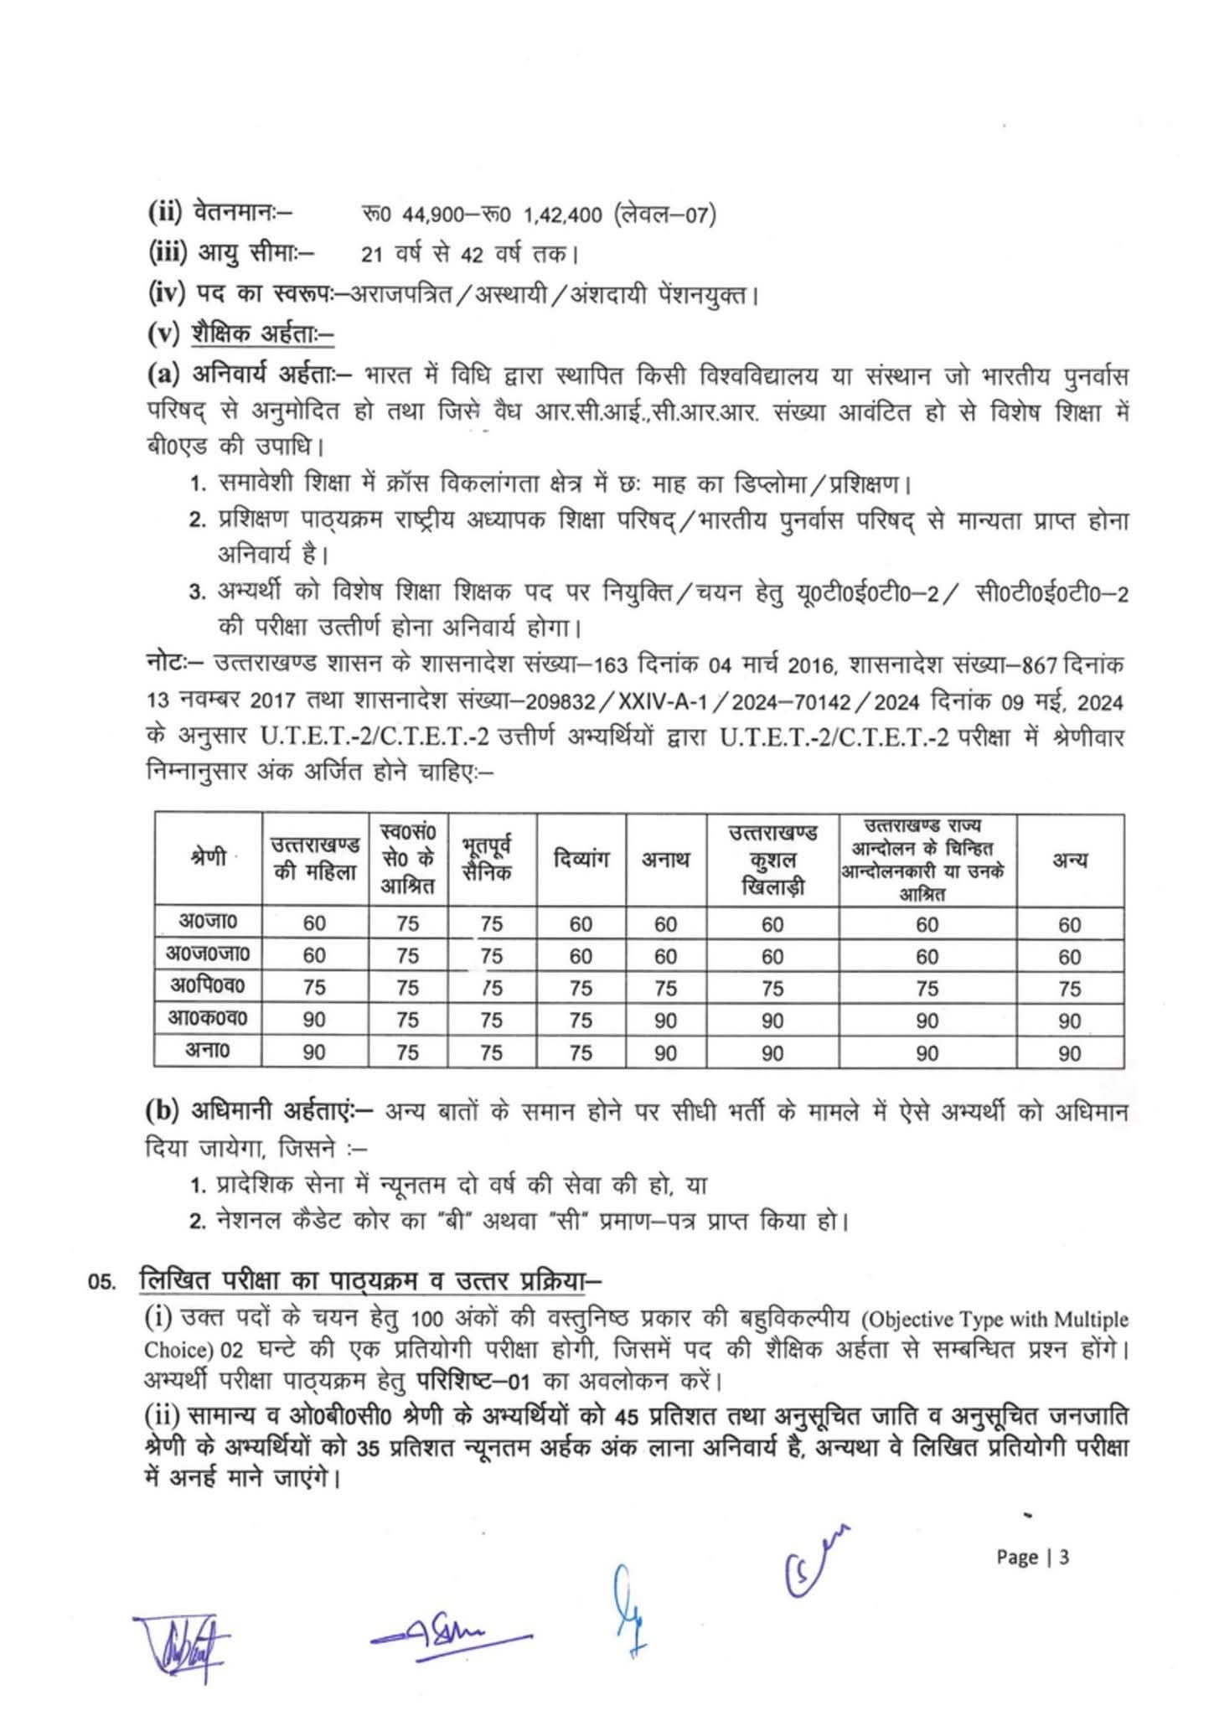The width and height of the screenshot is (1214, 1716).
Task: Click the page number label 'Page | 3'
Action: pyautogui.click(x=1032, y=1558)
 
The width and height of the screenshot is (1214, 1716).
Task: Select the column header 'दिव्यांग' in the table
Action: pyautogui.click(x=580, y=859)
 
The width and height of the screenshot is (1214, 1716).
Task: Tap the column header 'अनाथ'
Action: pyautogui.click(x=665, y=859)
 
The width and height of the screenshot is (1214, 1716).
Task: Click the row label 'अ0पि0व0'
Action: pyautogui.click(x=208, y=986)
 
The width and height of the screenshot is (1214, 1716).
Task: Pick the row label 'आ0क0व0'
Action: pyautogui.click(x=208, y=1019)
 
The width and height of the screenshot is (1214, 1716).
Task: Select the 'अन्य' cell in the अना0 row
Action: pyautogui.click(x=1069, y=1053)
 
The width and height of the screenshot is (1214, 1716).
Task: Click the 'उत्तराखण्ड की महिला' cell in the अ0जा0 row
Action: pyautogui.click(x=314, y=923)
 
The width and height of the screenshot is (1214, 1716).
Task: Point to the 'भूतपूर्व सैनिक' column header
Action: pyautogui.click(x=490, y=859)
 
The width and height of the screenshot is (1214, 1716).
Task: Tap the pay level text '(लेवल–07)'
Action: pyautogui.click(x=664, y=215)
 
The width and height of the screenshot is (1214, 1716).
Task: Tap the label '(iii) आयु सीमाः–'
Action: pyautogui.click(x=231, y=251)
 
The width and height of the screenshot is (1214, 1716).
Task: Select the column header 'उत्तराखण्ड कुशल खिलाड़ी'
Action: pyautogui.click(x=772, y=859)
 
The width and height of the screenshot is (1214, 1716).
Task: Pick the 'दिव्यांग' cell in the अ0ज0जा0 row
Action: pyautogui.click(x=580, y=956)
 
